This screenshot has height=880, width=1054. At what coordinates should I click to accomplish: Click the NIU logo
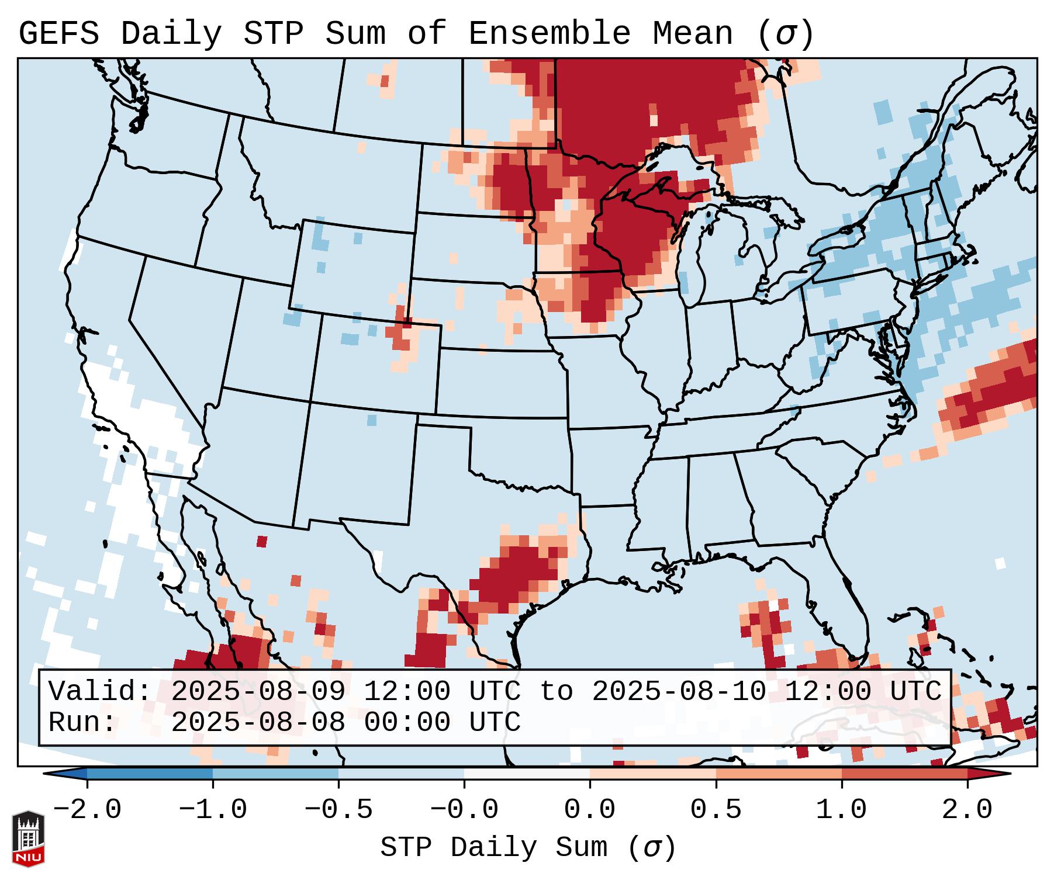click(28, 838)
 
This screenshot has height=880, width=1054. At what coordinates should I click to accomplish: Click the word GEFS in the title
click(58, 34)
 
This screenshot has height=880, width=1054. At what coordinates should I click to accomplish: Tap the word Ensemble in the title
click(550, 34)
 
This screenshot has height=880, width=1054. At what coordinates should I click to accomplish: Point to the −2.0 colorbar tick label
click(87, 810)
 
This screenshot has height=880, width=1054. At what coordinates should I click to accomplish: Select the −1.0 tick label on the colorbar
click(213, 810)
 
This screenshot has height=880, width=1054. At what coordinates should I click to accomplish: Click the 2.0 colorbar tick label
click(967, 810)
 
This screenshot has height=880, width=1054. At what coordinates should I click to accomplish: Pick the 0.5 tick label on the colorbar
click(716, 810)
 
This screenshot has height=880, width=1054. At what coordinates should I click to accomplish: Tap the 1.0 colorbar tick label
click(841, 810)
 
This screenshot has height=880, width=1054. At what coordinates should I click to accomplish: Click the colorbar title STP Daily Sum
click(494, 848)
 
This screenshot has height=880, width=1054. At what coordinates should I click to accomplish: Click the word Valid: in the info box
click(100, 692)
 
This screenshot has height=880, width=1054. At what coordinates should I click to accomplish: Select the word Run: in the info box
click(82, 723)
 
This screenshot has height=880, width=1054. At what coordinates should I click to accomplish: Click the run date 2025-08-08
click(258, 723)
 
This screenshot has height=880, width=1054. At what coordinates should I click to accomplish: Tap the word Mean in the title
click(693, 34)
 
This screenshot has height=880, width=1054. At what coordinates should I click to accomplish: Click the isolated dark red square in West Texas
click(262, 542)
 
